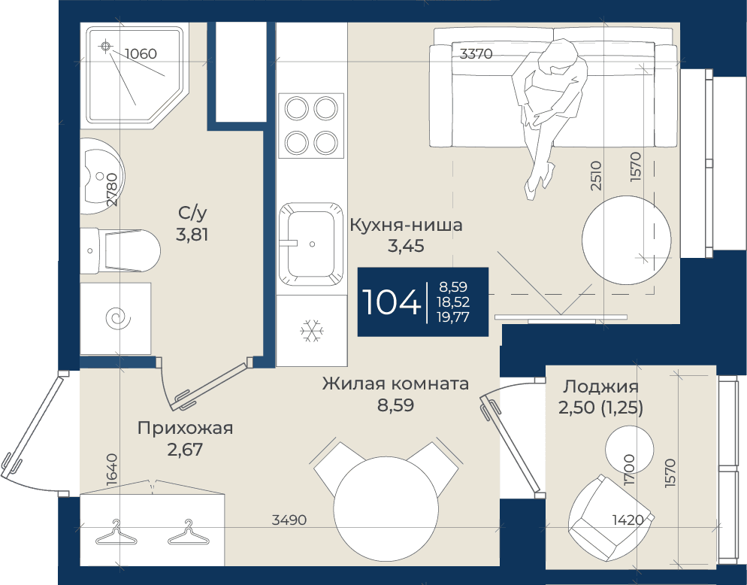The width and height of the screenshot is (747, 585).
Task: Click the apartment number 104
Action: point(391,302)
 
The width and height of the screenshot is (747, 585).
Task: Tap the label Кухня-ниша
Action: point(406,225)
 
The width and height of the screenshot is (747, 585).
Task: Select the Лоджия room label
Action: point(600,386)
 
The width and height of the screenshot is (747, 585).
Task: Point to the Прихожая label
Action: point(186,428)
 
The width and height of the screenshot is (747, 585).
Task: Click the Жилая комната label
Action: point(395,383)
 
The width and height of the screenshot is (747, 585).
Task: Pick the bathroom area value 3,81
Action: point(192,235)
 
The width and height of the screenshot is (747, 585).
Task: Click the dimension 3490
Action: point(289,520)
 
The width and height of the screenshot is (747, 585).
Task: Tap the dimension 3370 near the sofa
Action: point(476,54)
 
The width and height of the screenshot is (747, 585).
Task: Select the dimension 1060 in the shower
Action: point(141,53)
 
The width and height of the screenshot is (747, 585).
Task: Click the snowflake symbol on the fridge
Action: point(312,330)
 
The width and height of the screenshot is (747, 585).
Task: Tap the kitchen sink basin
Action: point(310,244)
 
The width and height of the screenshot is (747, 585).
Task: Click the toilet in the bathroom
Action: point(120,250)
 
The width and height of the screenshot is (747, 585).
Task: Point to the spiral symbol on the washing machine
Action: point(118,318)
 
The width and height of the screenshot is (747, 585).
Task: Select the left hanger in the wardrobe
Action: point(116,533)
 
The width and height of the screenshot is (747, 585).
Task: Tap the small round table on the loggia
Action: point(628,447)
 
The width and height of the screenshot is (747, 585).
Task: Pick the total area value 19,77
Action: point(453,317)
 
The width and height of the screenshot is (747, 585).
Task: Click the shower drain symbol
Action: point(106,47)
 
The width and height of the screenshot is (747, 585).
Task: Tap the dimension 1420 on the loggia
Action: point(628,520)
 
